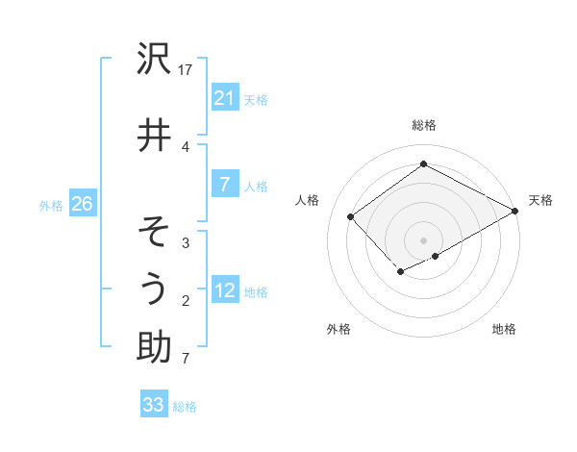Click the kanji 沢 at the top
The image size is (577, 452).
(154, 60)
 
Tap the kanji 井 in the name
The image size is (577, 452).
(154, 136)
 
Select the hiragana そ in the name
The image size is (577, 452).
(154, 234)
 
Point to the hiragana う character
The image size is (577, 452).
(154, 289)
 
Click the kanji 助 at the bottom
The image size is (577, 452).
(154, 346)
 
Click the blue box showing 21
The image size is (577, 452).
(224, 98)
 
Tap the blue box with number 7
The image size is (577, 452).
(224, 185)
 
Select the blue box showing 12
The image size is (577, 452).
(224, 291)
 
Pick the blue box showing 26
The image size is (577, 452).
(82, 204)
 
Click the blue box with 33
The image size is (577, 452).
(154, 405)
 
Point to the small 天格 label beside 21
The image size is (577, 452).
(256, 99)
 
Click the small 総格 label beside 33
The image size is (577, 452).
(185, 407)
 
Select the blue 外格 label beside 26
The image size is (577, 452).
(51, 205)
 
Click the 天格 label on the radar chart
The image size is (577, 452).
(540, 200)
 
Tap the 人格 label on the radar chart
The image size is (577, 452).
(308, 200)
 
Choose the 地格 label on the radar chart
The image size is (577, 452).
(504, 329)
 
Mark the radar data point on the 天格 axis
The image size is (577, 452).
(515, 211)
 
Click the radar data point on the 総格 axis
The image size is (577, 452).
(423, 164)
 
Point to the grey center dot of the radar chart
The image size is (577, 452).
(423, 239)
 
